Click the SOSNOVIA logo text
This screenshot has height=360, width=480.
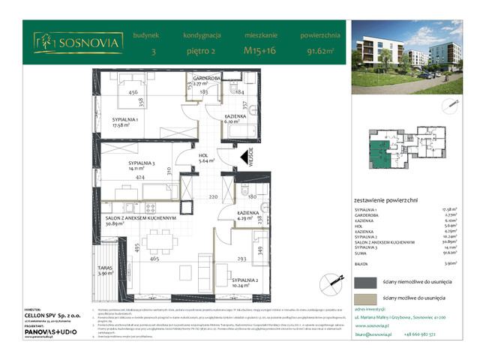coord(88,43)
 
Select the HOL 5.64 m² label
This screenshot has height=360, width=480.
coord(206,157)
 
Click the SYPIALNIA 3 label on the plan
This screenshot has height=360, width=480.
coord(122,166)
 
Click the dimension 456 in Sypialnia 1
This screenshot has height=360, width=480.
coord(133,93)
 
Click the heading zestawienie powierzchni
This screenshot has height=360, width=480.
coord(385,200)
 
